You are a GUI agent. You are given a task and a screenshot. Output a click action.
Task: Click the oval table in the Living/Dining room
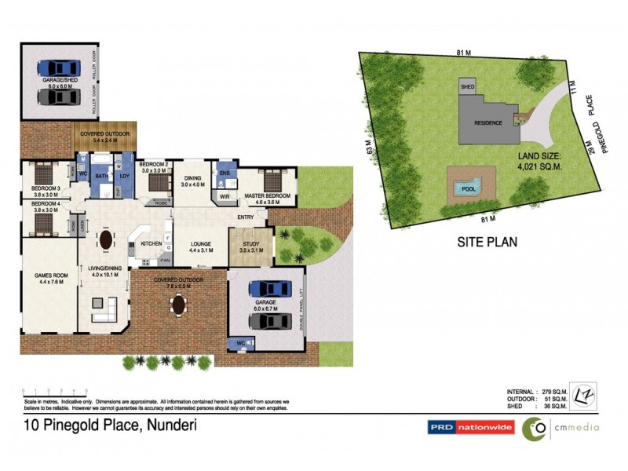click(105, 239)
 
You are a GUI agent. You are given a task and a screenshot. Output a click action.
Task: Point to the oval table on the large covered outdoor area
click(180, 304)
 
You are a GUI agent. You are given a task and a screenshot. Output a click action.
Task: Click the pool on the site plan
click(469, 188)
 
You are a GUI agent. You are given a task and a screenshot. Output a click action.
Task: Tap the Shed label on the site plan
click(468, 87)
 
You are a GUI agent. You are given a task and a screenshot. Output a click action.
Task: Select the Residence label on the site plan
click(488, 123)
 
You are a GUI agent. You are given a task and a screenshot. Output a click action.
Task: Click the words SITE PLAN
click(487, 242)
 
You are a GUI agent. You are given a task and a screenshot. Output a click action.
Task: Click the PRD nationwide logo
click(469, 428)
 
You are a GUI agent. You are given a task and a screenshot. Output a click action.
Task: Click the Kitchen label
click(151, 244)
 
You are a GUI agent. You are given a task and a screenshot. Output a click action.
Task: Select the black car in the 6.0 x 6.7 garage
click(269, 321)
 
